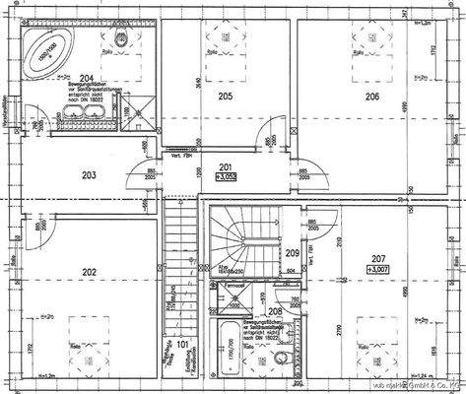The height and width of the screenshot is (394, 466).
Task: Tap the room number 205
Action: (x=226, y=96)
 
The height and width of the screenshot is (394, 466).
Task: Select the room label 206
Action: (x=372, y=96)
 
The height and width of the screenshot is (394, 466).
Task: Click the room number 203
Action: (x=89, y=174)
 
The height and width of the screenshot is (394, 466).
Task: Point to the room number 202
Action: (x=89, y=272)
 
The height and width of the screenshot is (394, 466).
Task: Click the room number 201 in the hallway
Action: (x=225, y=167)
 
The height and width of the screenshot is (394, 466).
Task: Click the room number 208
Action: (x=275, y=311)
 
